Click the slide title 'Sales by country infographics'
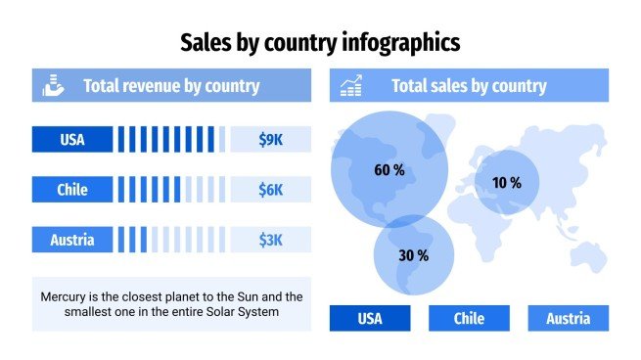click(x=320, y=42)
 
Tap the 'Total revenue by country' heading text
click(x=171, y=86)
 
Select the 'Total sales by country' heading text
click(x=469, y=86)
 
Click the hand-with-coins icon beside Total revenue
click(x=53, y=86)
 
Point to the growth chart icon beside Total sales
click(x=350, y=86)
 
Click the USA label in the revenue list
click(x=72, y=140)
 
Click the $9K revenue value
click(x=270, y=140)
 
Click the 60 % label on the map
click(x=389, y=170)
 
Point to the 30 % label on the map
click(x=413, y=255)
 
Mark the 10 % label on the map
click(x=506, y=183)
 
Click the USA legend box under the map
click(x=369, y=318)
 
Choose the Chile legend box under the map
click(x=469, y=318)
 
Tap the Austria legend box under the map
click(x=568, y=318)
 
